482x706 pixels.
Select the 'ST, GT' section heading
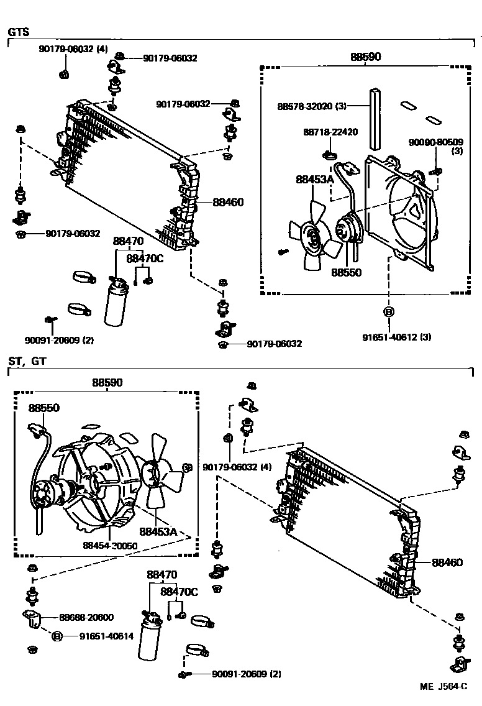coord(27,360)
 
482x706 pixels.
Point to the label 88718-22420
coord(331,132)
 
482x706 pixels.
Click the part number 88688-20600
coord(86,617)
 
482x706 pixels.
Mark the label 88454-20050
coord(110,545)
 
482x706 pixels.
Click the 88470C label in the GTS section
coord(145,258)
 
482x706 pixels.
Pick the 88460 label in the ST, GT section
coord(447,562)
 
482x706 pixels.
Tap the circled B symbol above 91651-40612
coord(388,311)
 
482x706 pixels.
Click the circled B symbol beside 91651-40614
coord(57,636)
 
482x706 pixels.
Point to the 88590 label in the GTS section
coord(365,57)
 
